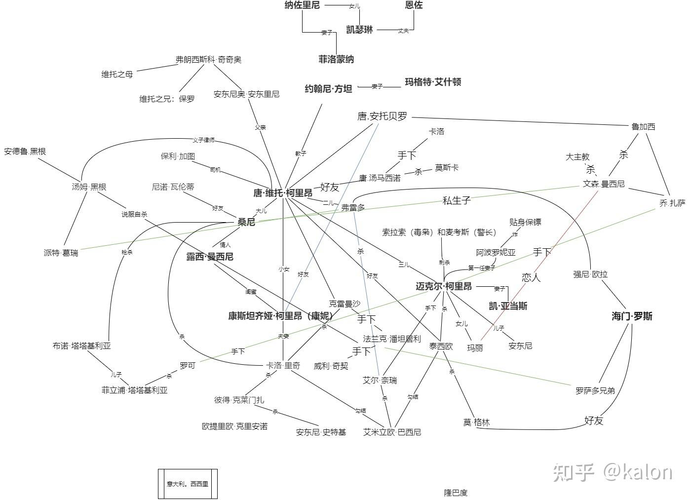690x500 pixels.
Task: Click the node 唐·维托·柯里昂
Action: tap(282, 193)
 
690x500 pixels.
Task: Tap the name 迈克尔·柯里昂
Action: tap(443, 286)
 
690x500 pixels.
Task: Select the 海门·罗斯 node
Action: tap(632, 316)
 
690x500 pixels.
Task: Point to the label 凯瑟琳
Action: tap(359, 30)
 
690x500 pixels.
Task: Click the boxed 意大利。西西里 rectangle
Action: tap(188, 484)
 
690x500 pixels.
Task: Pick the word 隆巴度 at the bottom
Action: tap(455, 493)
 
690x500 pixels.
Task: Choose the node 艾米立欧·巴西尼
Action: tap(392, 432)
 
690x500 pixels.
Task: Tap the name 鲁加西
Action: tap(643, 127)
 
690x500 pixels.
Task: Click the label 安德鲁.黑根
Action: tap(25, 152)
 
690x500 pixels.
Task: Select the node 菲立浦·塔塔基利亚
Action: tap(134, 390)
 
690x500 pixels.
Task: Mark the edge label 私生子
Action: tap(456, 200)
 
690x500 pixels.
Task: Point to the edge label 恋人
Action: tap(531, 277)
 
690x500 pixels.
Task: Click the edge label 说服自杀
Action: tap(134, 215)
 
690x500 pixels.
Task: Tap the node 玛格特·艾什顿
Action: tap(433, 82)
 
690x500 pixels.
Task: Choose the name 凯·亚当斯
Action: tap(508, 307)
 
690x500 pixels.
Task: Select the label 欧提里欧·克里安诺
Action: tap(234, 426)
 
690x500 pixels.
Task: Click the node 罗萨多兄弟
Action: tap(595, 391)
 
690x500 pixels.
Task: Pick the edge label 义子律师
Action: tap(203, 141)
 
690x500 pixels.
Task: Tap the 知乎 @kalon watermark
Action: tap(612, 472)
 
